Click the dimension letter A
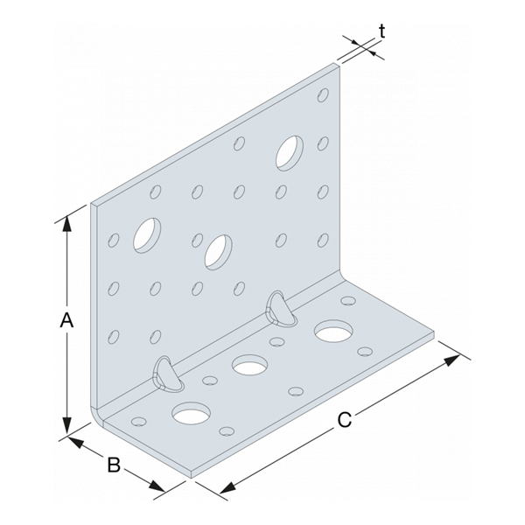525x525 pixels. click(66, 319)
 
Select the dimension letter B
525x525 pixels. click(114, 465)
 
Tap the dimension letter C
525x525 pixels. click(345, 419)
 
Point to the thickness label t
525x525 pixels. click(382, 31)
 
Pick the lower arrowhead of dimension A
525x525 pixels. click(67, 426)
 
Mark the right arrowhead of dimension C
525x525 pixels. click(452, 360)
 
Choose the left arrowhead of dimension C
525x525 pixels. click(228, 488)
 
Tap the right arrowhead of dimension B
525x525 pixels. click(157, 486)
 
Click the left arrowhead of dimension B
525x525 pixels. click(75, 442)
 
